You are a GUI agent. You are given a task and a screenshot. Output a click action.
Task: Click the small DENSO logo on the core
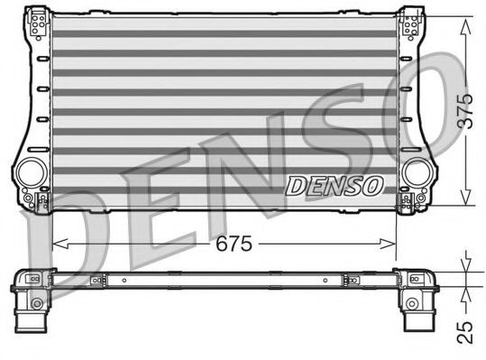[335, 186]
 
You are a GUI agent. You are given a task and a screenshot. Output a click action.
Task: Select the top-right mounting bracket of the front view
[409, 23]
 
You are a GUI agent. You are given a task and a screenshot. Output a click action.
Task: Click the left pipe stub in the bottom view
[32, 317]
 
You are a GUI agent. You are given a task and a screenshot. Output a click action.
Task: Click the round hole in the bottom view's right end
[414, 300]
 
